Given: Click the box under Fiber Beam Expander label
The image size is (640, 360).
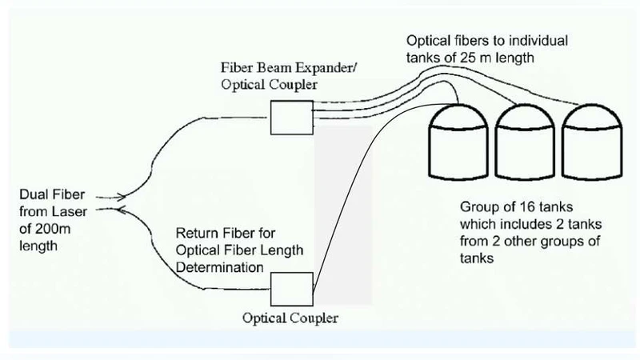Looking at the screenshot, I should click(284, 120).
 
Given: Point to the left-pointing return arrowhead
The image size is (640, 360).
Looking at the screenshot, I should click(121, 210).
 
